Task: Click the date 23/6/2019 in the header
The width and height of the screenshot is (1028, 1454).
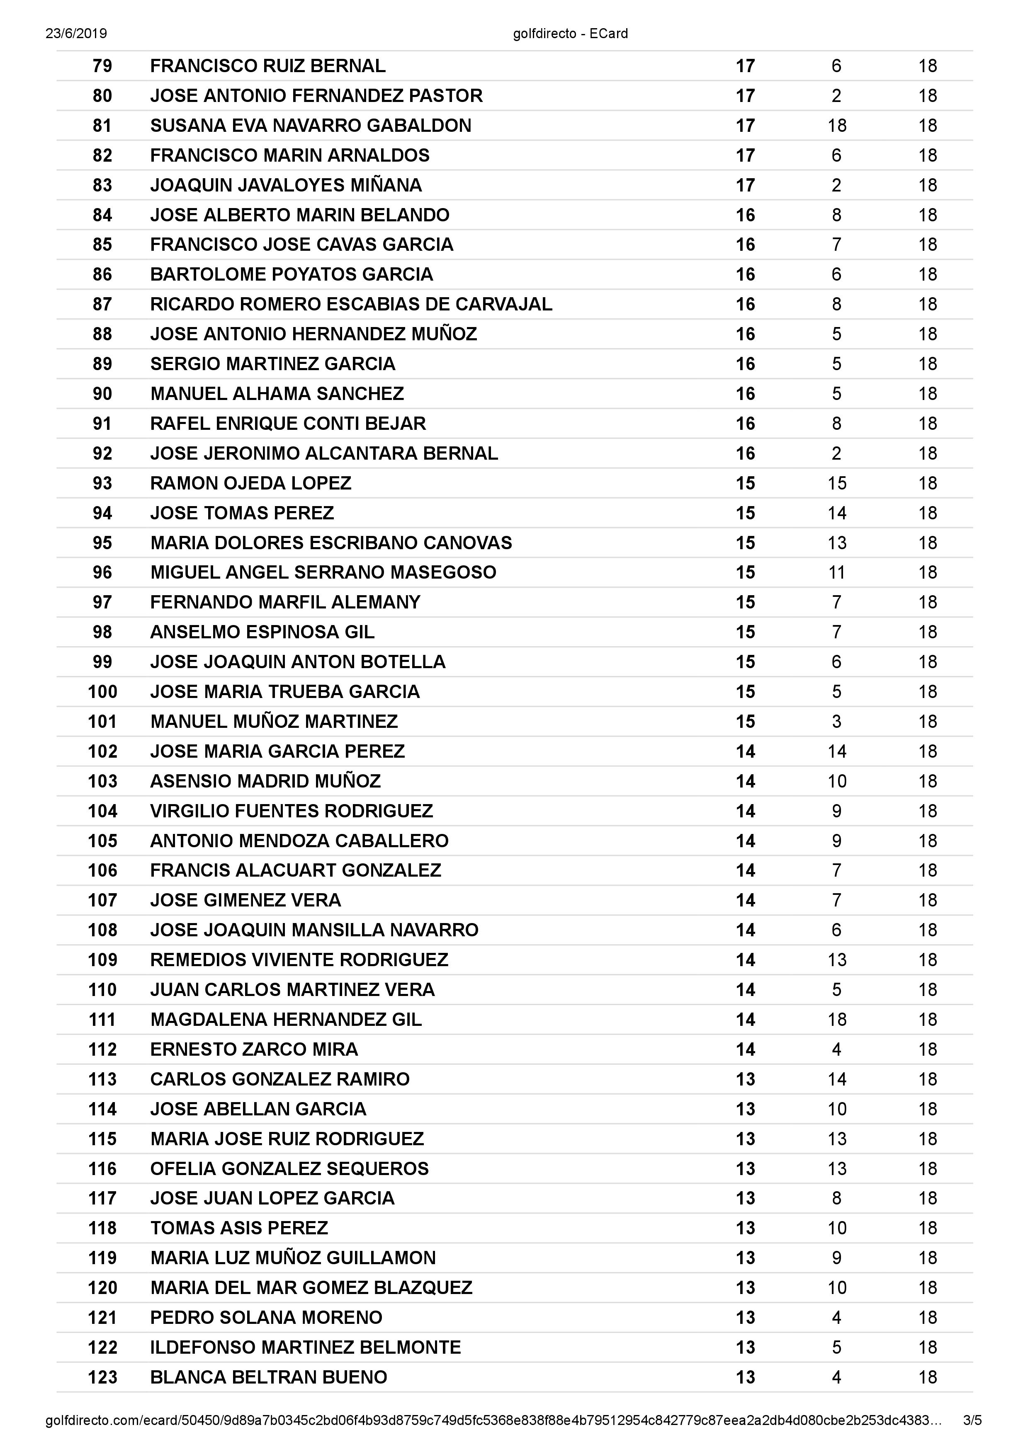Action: click(x=76, y=34)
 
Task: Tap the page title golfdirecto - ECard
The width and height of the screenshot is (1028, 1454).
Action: click(x=570, y=34)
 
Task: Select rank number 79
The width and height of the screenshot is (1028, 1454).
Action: click(x=102, y=66)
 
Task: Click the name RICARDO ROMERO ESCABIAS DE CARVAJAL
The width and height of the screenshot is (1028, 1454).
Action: click(x=351, y=304)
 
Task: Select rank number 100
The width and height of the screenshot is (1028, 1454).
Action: click(x=102, y=691)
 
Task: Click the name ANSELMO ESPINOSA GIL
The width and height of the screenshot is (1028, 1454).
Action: click(x=262, y=632)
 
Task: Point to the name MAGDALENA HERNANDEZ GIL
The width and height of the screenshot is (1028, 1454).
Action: click(x=286, y=1020)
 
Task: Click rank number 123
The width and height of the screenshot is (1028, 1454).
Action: click(x=102, y=1377)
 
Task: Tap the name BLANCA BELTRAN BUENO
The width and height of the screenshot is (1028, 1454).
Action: click(x=269, y=1377)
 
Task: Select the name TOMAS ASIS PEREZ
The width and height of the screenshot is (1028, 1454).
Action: click(x=239, y=1228)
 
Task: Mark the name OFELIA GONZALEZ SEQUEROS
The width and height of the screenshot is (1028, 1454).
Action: click(x=289, y=1168)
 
